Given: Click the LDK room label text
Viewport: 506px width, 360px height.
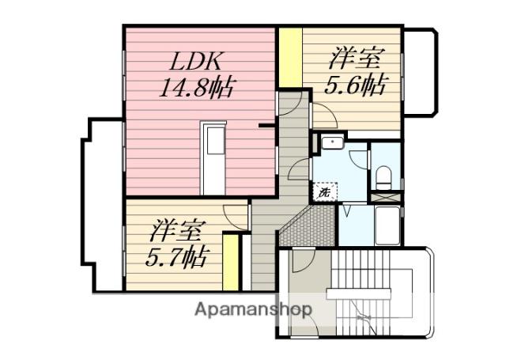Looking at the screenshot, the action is coord(196,62).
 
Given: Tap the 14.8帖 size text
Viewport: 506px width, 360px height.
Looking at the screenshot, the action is coord(196,87).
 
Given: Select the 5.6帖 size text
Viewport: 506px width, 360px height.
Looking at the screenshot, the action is coord(354,85).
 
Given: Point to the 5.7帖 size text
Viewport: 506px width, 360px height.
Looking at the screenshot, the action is coord(176,256).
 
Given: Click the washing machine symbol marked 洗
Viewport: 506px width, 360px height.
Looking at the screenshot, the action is coord(325,192).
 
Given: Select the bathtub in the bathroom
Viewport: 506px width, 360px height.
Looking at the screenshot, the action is coord(387,225).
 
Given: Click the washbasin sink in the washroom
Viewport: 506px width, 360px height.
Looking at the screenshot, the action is coord(332,142).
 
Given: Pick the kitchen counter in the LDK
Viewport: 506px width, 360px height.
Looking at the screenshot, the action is coord(213,158).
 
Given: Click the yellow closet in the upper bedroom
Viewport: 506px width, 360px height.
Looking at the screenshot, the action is coord(291,58).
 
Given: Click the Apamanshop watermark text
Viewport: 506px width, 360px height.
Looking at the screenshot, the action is coord(253,310).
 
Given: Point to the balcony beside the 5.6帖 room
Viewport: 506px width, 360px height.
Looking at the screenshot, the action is coord(420,71).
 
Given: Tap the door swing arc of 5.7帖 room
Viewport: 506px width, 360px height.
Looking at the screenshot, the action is coord(235,218).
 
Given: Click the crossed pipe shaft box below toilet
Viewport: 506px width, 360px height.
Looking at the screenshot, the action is coord(386,197).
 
